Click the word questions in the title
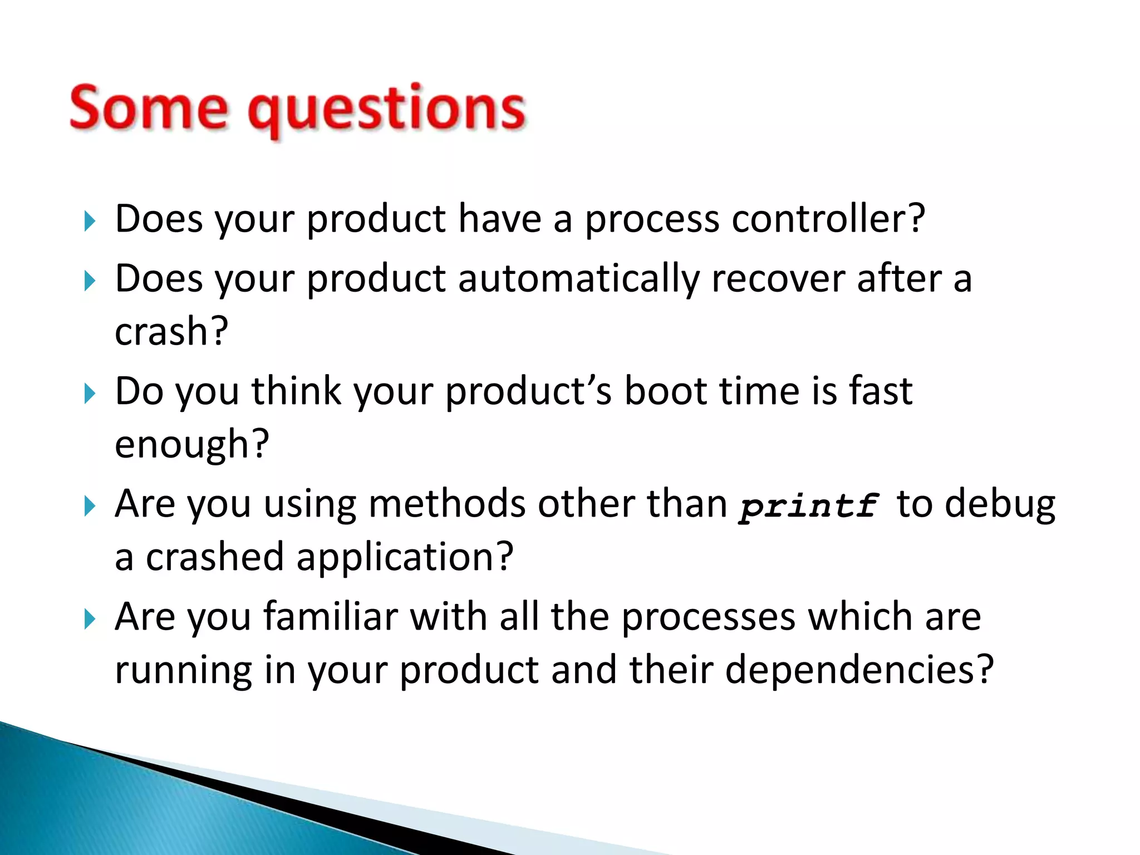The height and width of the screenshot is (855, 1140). pos(386,110)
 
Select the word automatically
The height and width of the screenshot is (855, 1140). pos(578,278)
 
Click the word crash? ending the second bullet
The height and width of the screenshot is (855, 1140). pos(171,332)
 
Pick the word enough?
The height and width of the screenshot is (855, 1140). pos(191,444)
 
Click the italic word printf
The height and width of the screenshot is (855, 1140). pos(809,505)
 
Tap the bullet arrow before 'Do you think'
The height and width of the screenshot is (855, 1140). pos(90,394)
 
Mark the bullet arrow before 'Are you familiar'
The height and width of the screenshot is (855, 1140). pos(90,619)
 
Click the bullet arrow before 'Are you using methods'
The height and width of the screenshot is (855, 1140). pos(90,507)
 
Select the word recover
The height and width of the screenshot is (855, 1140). pos(778,278)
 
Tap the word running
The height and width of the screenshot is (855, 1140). pos(183,670)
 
